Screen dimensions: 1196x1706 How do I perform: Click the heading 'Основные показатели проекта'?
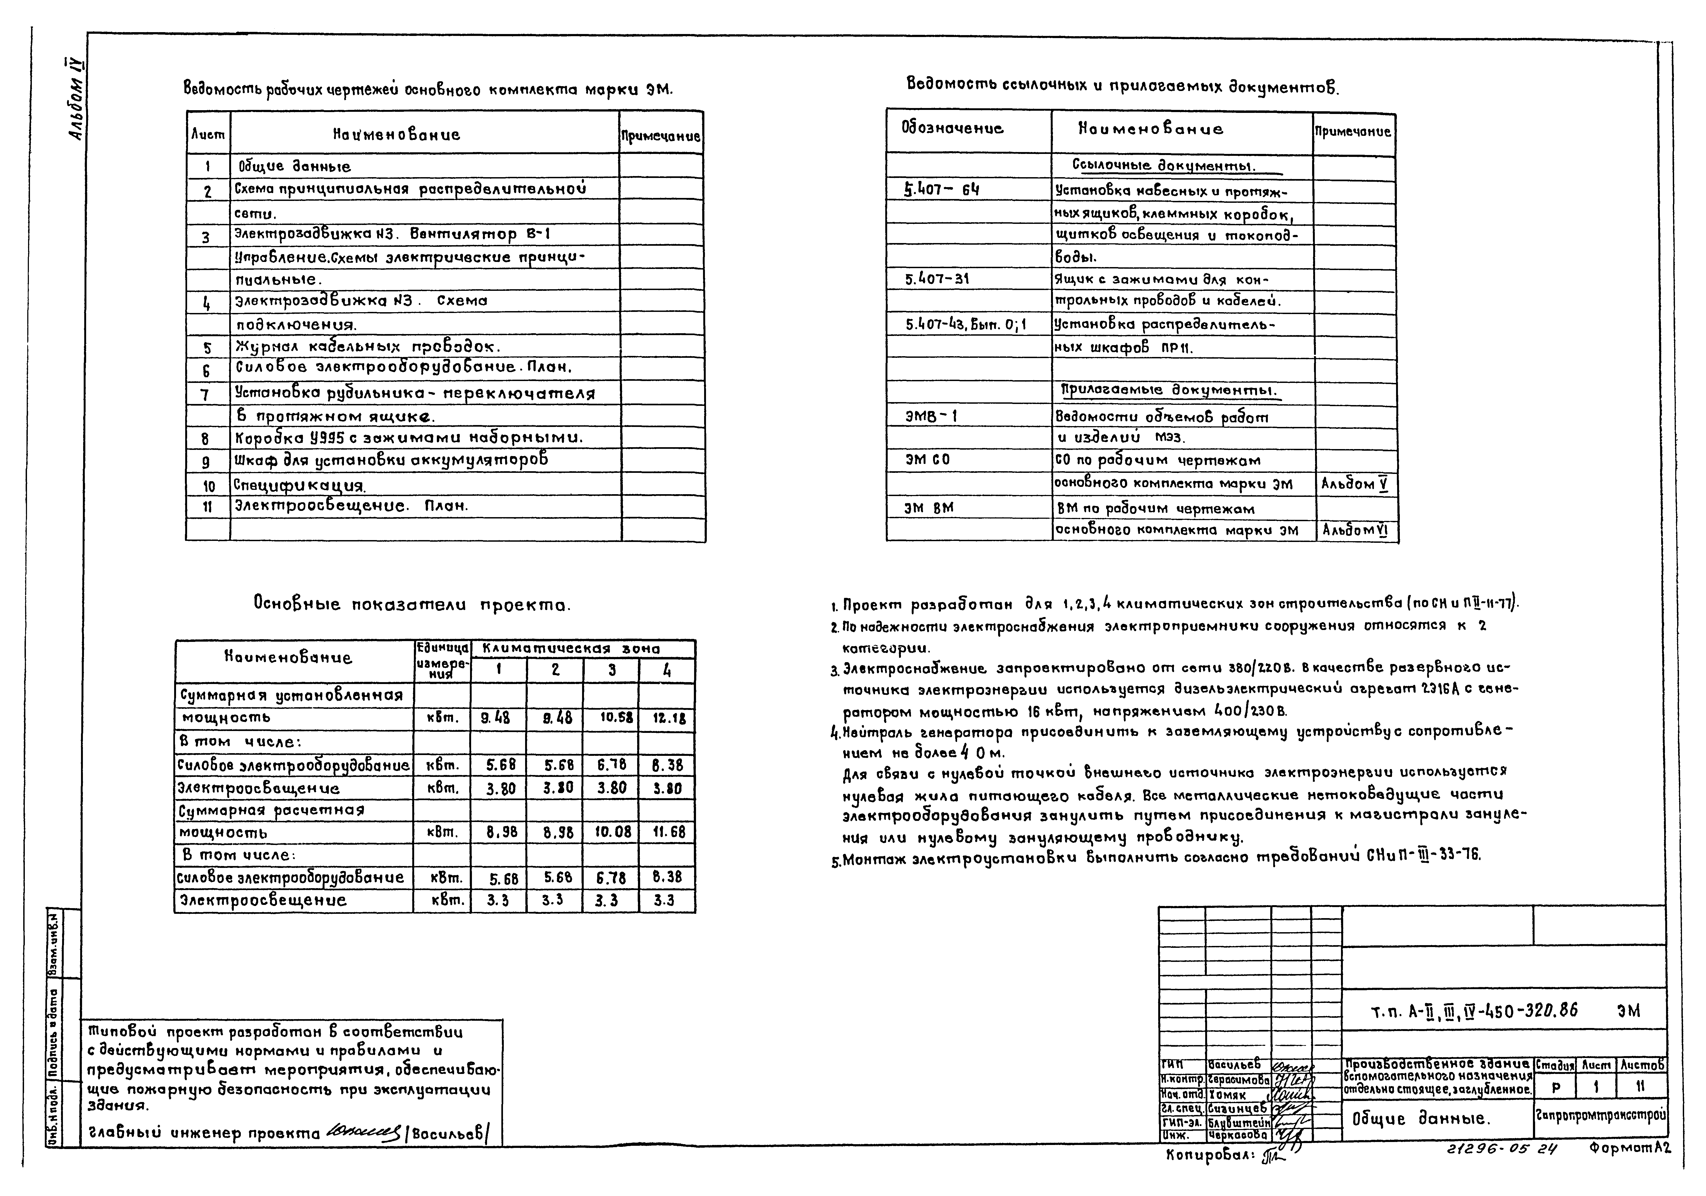tap(412, 604)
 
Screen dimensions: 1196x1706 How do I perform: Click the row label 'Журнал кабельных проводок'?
tap(368, 346)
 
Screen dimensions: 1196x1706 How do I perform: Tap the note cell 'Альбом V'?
tap(1354, 484)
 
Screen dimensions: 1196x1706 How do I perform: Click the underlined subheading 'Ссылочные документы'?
tap(1163, 165)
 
